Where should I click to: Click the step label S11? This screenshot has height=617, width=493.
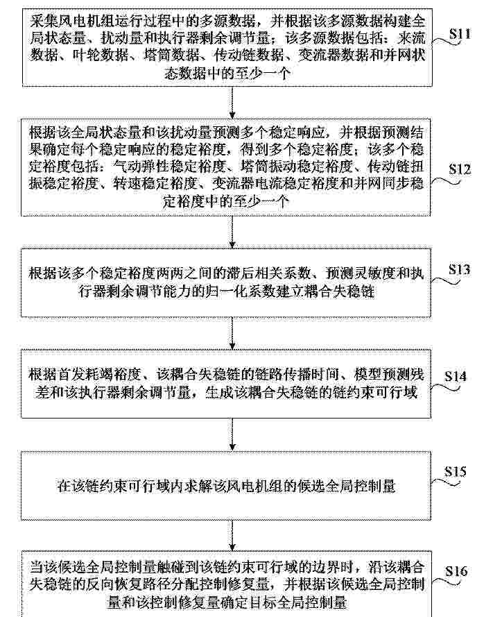point(460,34)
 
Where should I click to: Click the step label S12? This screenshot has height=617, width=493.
point(460,169)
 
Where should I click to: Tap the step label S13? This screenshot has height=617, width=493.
point(459,269)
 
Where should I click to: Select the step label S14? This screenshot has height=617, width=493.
point(456,376)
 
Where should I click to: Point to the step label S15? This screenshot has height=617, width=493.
point(456,471)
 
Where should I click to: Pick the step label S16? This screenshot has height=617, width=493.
point(456,571)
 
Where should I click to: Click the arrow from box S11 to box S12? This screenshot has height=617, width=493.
point(232,102)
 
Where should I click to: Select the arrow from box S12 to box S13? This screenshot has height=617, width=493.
point(232,232)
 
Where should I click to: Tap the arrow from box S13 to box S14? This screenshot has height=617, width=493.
point(232,333)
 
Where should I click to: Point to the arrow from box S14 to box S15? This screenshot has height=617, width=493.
point(232,434)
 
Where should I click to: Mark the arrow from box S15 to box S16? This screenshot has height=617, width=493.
point(232,535)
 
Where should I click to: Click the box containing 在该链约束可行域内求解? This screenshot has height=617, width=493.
point(226,486)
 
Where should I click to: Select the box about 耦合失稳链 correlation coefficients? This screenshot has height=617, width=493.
point(226,282)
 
